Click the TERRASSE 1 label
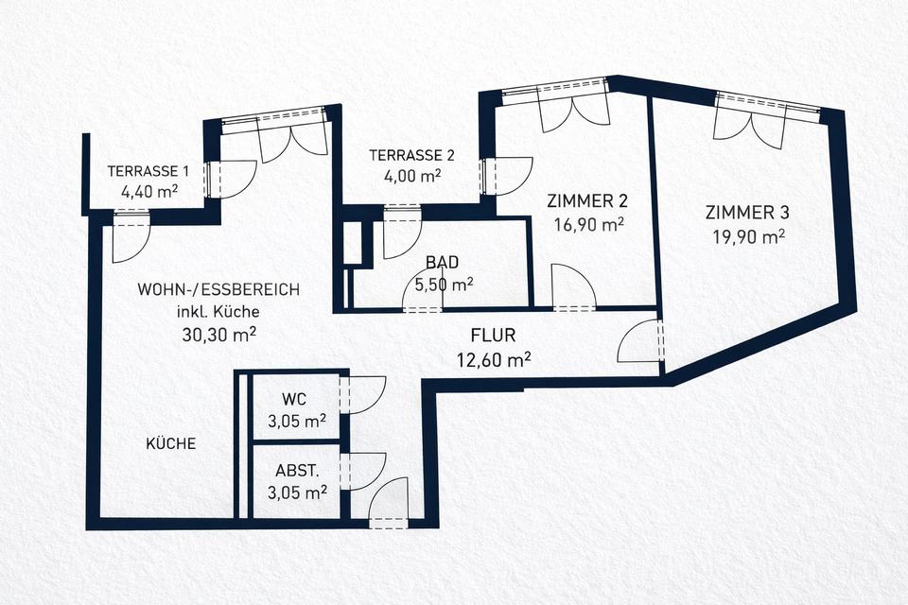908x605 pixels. point(148,171)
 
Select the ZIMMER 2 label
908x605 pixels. point(587,201)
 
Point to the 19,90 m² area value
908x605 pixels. point(749,235)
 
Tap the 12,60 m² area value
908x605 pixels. point(493,358)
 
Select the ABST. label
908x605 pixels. point(296,470)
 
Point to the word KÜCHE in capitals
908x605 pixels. point(171,442)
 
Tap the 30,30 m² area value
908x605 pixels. point(220,333)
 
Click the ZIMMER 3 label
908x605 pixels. point(747,212)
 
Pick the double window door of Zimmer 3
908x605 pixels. point(749,121)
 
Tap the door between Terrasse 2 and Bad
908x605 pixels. point(403,237)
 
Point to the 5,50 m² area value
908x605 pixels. point(444,284)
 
